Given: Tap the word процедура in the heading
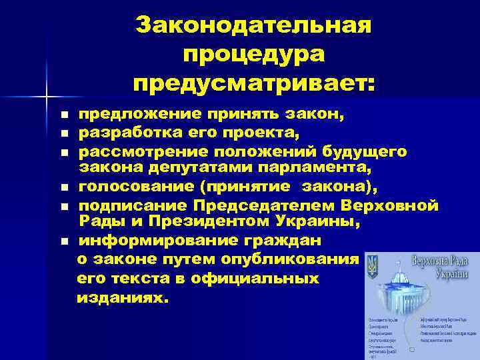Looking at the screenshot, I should (x=253, y=55).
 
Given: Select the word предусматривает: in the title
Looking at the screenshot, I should (x=253, y=84).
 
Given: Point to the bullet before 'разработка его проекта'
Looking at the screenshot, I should (x=64, y=134).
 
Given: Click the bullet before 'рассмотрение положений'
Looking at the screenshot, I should (x=64, y=153).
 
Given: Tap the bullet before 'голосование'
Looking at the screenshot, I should (x=64, y=188).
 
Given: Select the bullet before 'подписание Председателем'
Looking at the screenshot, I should (x=64, y=206).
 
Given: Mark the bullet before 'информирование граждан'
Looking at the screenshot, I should (x=64, y=241).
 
